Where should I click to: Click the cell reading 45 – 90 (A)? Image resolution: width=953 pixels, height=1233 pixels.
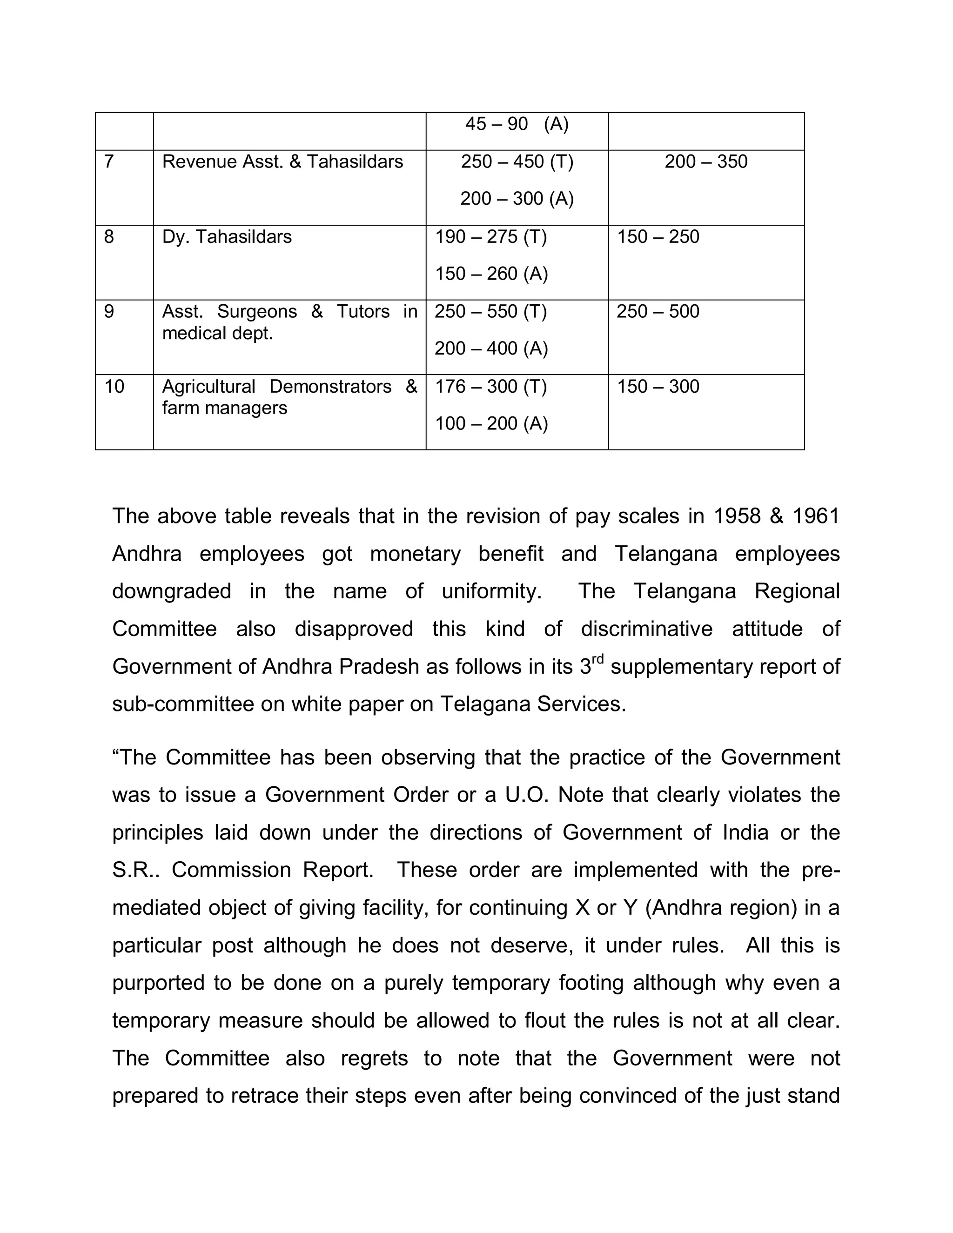point(517,124)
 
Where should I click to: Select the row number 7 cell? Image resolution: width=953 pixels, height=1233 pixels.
point(109,162)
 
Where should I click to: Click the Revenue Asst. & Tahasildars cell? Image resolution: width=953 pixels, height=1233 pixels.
point(282,162)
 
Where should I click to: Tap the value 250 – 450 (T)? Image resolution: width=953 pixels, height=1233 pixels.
point(517,162)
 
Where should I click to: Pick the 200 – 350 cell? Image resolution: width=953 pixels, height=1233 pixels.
point(706,162)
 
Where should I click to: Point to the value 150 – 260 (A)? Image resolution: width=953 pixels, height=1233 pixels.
point(491,274)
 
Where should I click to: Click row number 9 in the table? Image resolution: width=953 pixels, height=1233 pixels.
point(109,312)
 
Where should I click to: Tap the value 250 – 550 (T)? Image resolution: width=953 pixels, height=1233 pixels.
point(490,312)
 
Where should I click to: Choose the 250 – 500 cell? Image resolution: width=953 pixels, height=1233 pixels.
point(658,312)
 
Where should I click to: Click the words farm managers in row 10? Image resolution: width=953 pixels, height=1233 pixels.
point(224,408)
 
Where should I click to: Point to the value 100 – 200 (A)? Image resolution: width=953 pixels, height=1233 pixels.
point(491,423)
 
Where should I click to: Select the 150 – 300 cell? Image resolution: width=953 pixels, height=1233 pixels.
point(658,387)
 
